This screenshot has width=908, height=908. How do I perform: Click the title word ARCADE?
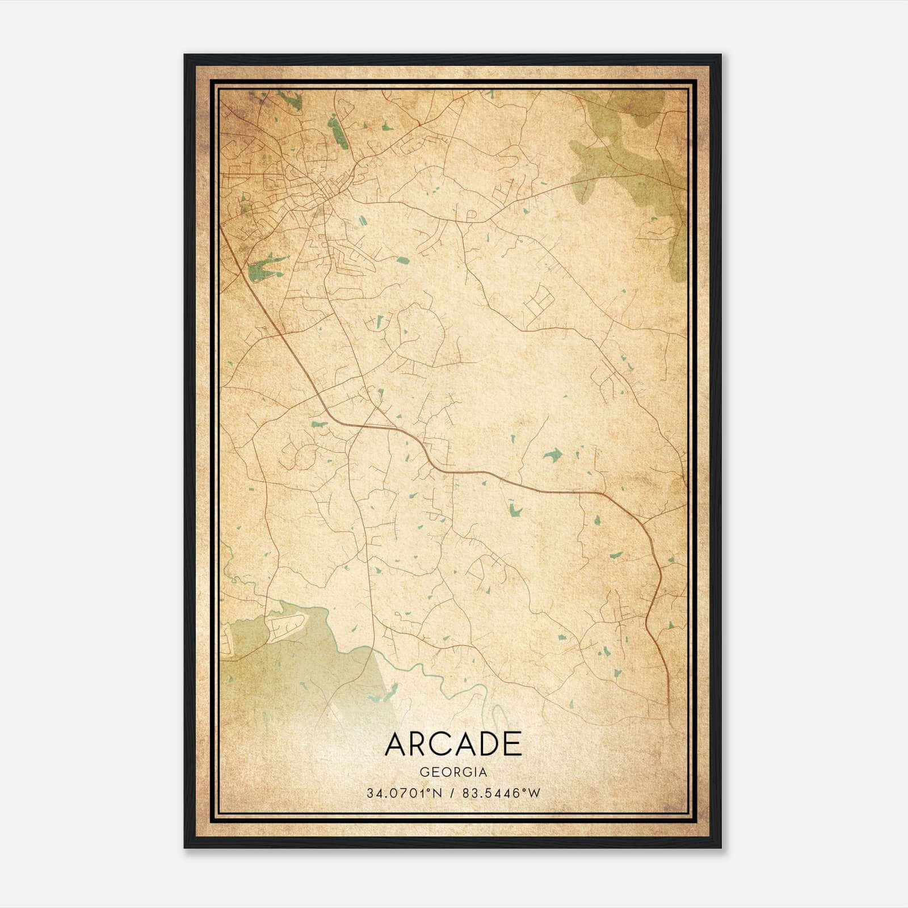(453, 744)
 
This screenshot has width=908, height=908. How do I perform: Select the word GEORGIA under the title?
(453, 772)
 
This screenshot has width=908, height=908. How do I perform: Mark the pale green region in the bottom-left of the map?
(284, 670)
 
